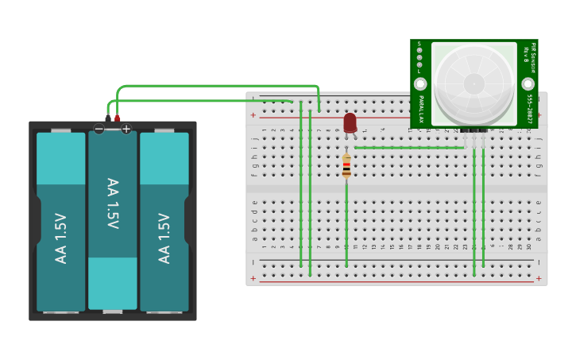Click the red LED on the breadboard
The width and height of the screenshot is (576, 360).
click(350, 122)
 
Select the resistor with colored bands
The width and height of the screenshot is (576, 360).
click(346, 167)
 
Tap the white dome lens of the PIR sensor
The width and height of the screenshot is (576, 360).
click(474, 83)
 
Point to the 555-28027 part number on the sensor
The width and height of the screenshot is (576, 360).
click(529, 110)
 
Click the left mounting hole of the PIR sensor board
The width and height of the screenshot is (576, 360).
click(420, 83)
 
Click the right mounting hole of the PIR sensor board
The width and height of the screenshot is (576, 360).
click(528, 83)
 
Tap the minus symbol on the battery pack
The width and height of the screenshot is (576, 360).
click(99, 129)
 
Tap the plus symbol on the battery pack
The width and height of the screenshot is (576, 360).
click(126, 129)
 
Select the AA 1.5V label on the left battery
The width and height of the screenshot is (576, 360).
click(61, 238)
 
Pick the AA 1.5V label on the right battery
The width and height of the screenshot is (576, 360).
click(164, 238)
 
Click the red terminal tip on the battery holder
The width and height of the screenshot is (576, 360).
click(118, 118)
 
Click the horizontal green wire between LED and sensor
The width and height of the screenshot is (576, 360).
click(409, 147)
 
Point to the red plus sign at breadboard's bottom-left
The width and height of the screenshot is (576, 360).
click(253, 278)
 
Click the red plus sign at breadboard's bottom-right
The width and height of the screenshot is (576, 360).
click(540, 278)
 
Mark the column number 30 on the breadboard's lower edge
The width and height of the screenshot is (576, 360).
click(529, 246)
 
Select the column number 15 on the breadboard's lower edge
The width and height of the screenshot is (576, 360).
click(391, 246)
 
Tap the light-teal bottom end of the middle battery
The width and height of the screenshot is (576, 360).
click(113, 283)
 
